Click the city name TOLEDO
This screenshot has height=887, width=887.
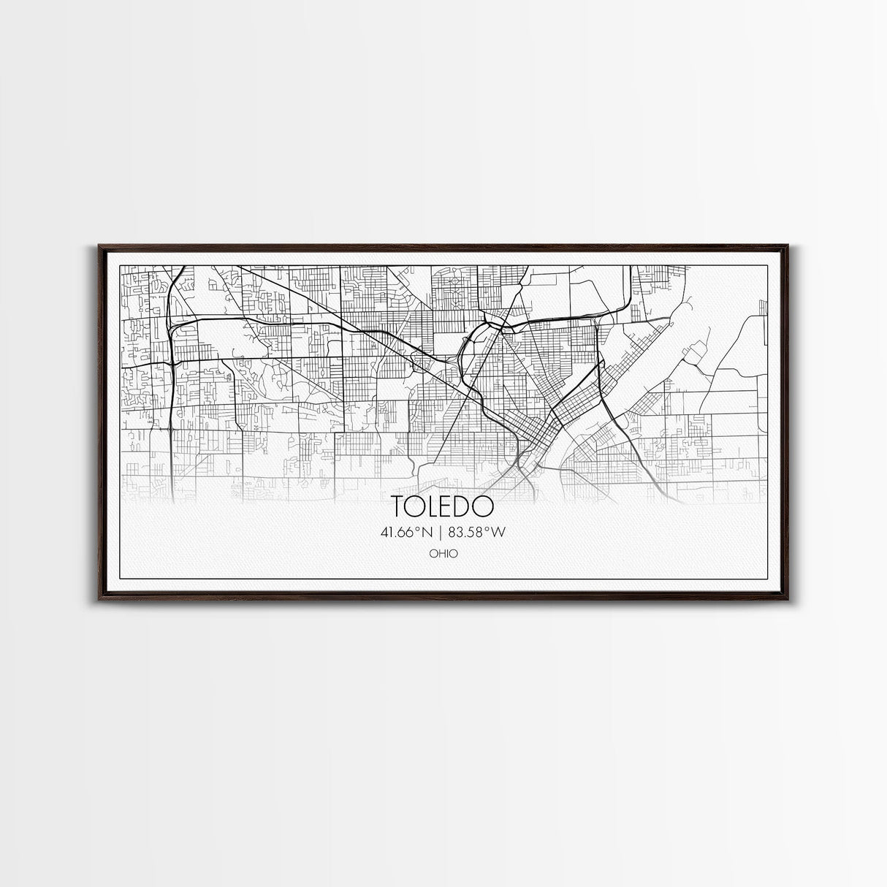tap(442, 506)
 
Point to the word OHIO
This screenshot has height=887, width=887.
tap(443, 554)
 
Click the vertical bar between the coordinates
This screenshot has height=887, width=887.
tap(443, 533)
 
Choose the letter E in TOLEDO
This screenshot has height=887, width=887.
tap(449, 506)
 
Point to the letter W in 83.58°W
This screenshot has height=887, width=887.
tap(499, 533)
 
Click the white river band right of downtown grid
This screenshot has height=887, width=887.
tap(585, 409)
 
